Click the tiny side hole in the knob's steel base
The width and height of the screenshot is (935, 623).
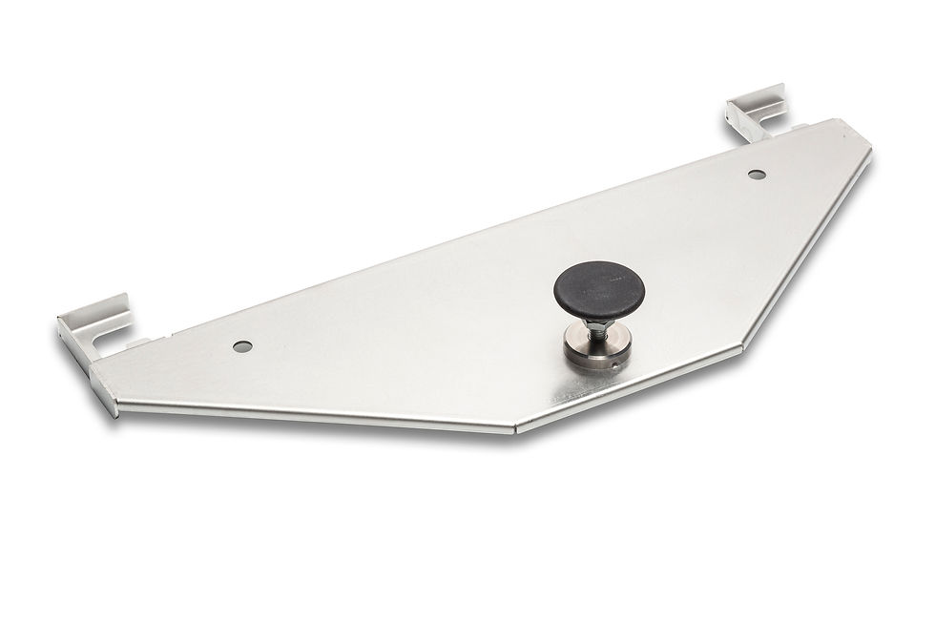point(616,361)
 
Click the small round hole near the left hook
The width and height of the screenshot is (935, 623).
point(242,345)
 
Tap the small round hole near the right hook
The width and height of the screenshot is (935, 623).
point(756,175)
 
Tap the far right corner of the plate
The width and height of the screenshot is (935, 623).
point(868,153)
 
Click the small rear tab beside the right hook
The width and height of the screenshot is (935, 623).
point(794,126)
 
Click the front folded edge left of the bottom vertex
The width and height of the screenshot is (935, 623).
point(315,414)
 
